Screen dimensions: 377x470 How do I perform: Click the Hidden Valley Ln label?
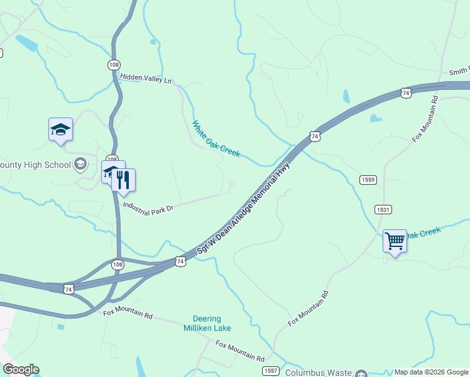145,79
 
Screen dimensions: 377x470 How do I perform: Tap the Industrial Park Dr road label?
148,205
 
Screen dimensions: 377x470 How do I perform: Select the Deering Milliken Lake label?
207,323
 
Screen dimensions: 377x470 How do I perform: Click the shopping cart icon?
395,240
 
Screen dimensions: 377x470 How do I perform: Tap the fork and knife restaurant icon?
124,180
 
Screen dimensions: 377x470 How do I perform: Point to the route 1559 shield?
368,180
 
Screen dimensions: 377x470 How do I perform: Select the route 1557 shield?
271,371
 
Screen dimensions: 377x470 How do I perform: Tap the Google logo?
21,369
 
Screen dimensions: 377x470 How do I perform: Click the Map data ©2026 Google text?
432,373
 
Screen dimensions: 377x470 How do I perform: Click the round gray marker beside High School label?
80,164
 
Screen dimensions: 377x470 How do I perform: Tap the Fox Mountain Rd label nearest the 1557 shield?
240,351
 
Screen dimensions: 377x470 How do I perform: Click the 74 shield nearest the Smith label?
406,93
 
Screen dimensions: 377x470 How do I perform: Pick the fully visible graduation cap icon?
60,129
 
